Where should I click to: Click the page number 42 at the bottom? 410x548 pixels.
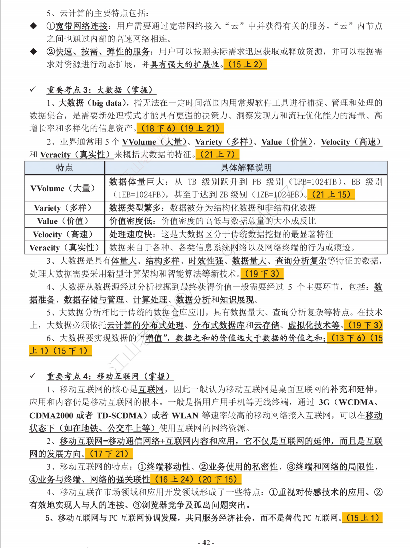click(x=206, y=542)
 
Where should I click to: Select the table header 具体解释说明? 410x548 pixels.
click(x=246, y=168)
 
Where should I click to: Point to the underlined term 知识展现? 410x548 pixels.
click(x=236, y=300)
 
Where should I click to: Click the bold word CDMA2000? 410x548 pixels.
click(x=52, y=416)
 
